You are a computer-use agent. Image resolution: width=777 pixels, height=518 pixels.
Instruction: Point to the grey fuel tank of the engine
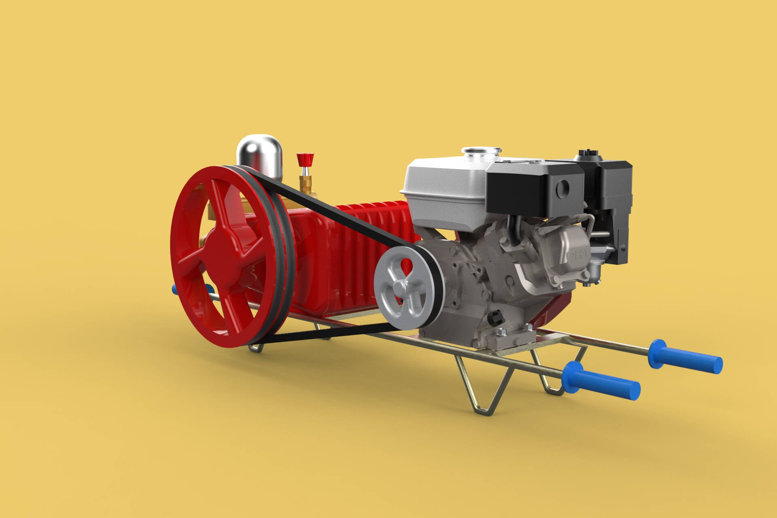tap(441, 182)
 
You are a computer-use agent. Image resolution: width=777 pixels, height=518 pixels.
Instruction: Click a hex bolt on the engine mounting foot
tap(501, 332)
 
